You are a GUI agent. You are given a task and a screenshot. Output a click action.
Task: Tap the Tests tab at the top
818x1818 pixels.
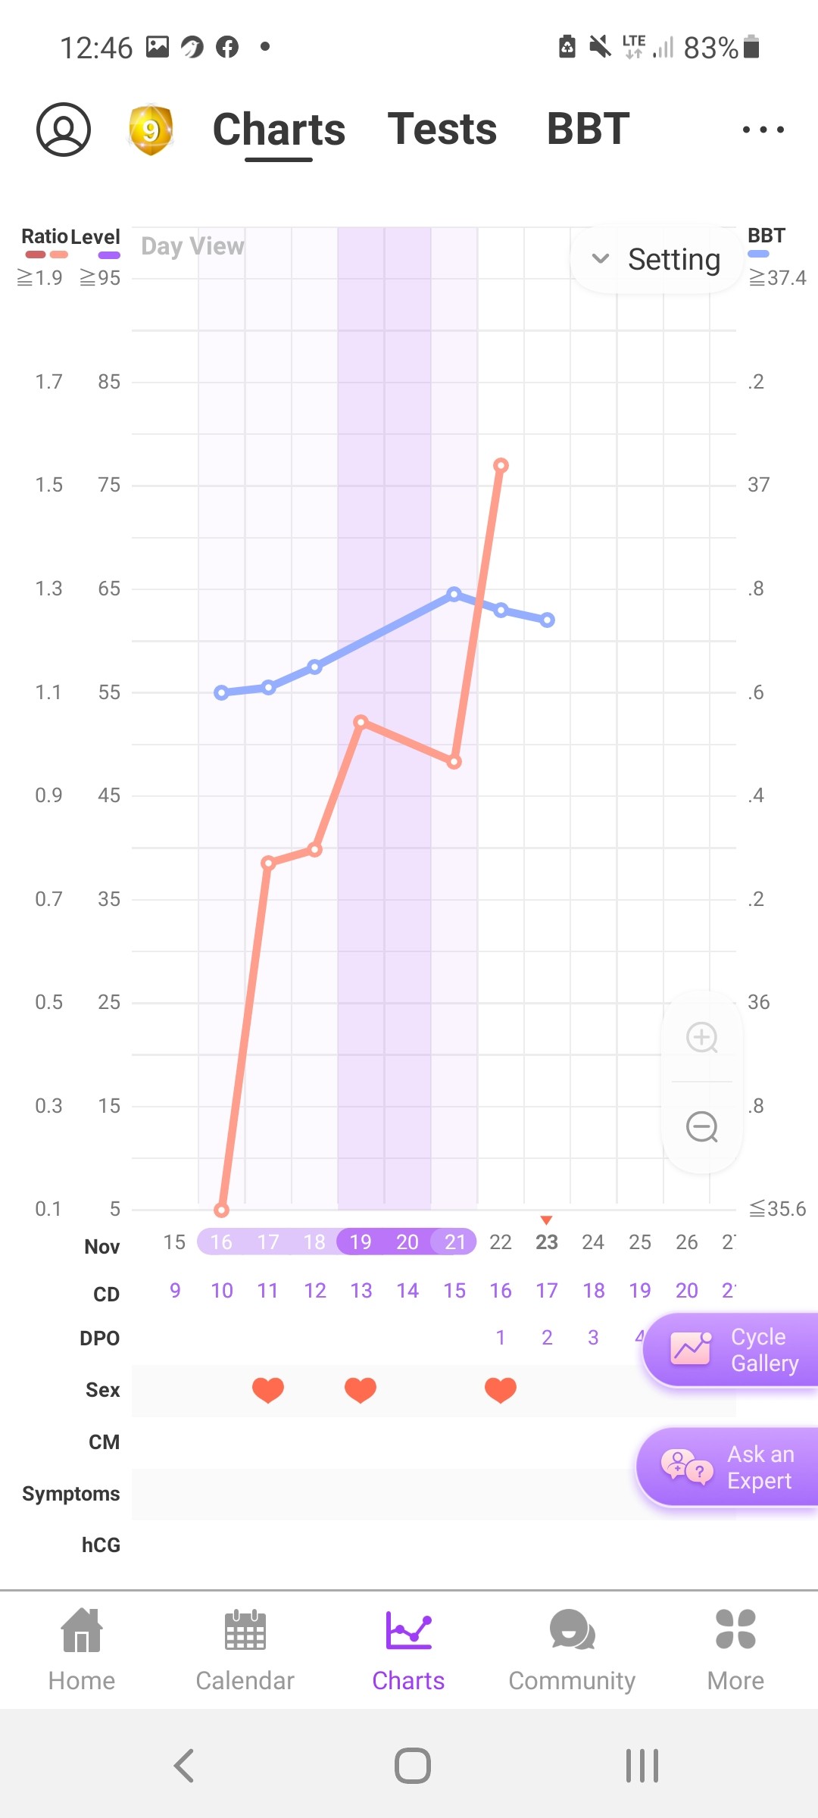click(442, 129)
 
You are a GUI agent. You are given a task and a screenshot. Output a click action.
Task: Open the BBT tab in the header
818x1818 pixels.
click(588, 129)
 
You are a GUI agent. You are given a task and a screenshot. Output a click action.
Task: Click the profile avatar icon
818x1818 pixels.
click(64, 130)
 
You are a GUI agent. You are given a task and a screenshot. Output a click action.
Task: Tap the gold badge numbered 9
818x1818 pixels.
click(151, 130)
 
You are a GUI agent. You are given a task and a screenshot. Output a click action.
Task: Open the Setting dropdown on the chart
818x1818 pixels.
click(656, 259)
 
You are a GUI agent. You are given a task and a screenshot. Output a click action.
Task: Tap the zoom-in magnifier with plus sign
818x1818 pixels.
click(702, 1037)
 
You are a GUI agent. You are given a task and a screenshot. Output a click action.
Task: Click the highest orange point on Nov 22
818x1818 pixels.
click(501, 465)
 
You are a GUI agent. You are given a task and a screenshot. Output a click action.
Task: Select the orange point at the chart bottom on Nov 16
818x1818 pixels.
click(221, 1210)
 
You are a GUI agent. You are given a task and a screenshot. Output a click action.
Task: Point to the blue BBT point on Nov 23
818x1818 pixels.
click(548, 620)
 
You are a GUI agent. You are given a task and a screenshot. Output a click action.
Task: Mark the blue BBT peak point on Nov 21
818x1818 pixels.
click(454, 594)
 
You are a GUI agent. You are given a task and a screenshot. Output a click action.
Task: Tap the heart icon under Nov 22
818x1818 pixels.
click(501, 1389)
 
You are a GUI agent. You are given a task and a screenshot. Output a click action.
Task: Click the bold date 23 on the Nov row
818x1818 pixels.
click(547, 1242)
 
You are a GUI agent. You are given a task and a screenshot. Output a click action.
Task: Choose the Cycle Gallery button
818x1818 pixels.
click(732, 1350)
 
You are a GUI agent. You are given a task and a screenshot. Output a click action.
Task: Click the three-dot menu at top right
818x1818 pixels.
click(763, 130)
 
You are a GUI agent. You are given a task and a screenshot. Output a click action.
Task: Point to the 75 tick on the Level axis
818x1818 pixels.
click(109, 485)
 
